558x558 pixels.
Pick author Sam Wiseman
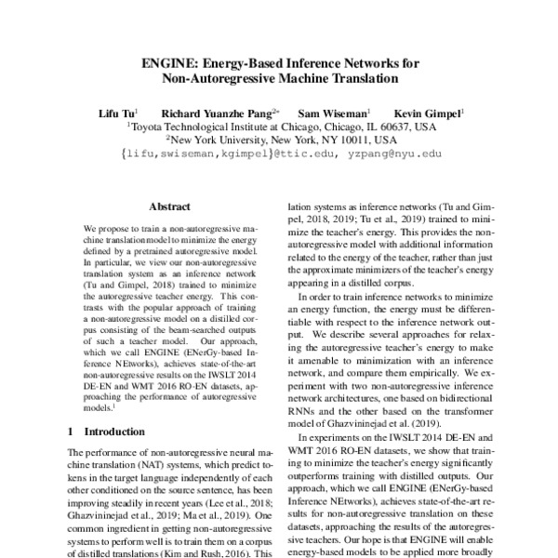[x=339, y=111]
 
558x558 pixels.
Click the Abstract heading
[x=169, y=207]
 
